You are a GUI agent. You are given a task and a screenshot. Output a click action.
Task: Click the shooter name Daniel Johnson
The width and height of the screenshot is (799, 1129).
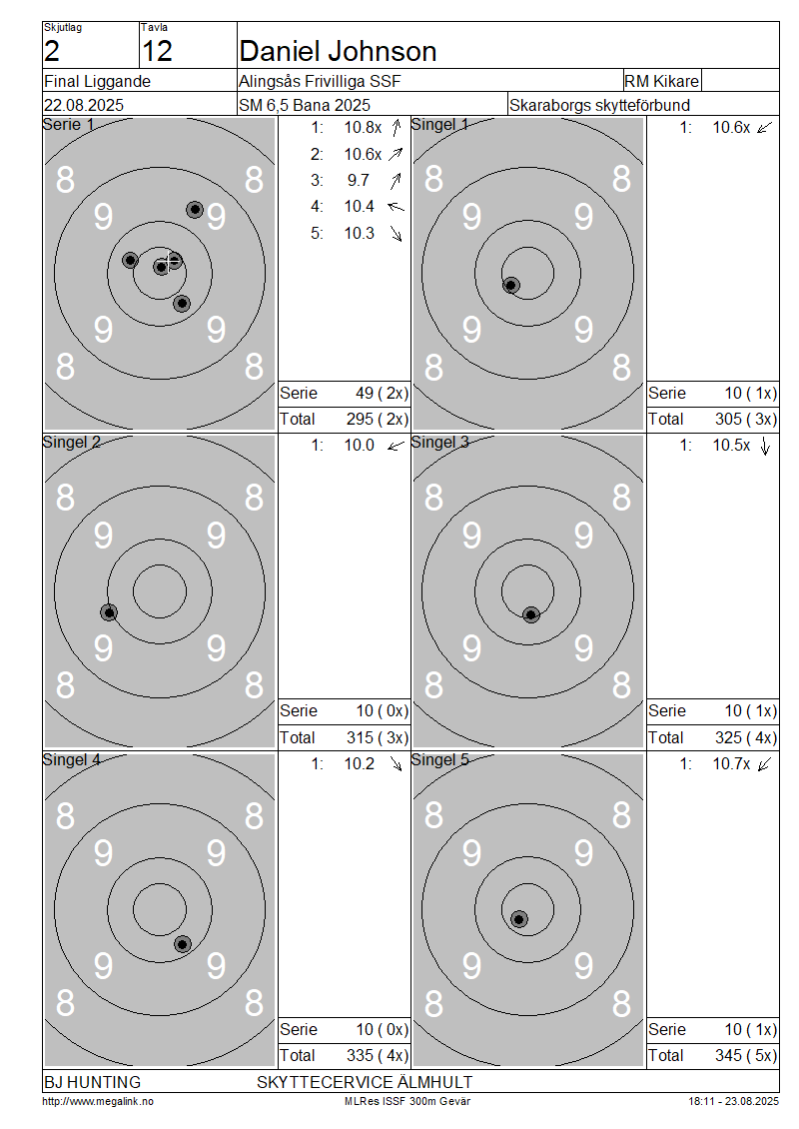[338, 51]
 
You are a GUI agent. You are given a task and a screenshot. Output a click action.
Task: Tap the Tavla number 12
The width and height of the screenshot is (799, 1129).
[157, 51]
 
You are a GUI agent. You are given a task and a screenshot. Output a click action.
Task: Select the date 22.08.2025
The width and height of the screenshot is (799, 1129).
[84, 105]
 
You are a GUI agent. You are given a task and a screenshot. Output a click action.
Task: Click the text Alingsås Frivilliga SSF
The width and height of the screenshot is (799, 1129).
[320, 81]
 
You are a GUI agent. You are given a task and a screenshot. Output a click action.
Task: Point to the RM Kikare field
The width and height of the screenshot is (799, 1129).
[661, 81]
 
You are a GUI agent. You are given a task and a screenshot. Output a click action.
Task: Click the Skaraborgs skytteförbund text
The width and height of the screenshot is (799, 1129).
[599, 105]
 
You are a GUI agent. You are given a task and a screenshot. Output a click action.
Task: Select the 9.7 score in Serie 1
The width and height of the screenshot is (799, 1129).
[359, 180]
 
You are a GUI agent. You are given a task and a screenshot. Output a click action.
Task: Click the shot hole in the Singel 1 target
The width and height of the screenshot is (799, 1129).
[511, 285]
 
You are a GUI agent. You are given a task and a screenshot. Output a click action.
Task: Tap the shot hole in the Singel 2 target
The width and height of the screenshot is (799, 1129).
[109, 612]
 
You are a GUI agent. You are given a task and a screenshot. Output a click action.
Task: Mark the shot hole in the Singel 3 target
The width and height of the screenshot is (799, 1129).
[531, 614]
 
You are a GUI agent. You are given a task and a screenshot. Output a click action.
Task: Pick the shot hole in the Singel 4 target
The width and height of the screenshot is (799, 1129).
[183, 944]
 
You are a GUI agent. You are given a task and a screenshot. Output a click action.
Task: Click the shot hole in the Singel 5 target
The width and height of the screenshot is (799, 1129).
[519, 919]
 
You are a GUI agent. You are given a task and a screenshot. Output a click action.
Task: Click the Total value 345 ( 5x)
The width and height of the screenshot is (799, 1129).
[746, 1055]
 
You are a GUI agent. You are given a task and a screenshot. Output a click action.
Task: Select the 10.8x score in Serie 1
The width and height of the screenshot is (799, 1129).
[363, 128]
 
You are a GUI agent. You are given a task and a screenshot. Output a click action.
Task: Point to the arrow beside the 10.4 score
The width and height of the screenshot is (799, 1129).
[396, 207]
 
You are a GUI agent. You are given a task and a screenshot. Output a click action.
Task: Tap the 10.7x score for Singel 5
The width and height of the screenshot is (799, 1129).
[731, 764]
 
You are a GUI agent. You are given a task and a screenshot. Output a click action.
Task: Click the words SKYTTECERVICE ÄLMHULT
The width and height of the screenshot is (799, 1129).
[365, 1082]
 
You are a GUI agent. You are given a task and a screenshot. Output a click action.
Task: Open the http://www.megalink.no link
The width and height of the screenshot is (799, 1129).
[98, 1102]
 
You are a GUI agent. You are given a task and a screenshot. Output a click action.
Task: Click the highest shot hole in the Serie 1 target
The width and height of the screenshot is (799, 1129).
[195, 210]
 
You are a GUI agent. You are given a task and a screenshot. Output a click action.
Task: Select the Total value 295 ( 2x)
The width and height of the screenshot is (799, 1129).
[378, 419]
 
